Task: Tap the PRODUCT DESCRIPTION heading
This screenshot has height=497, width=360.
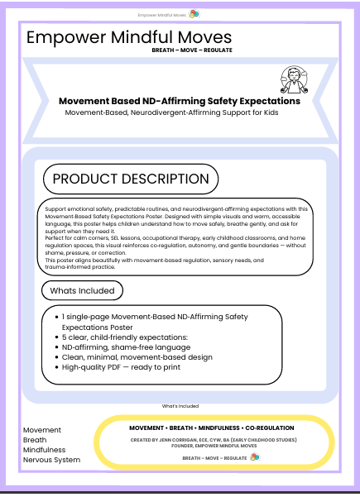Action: click(x=131, y=179)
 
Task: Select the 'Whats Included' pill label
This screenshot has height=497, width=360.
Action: click(x=83, y=290)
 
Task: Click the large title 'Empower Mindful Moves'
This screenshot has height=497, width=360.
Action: click(x=129, y=37)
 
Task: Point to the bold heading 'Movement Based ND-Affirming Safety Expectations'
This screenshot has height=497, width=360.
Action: click(x=180, y=101)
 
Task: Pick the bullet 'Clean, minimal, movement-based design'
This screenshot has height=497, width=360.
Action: click(x=137, y=356)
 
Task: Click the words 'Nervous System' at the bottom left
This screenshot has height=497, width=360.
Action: click(x=51, y=459)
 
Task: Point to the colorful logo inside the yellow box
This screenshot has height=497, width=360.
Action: click(x=253, y=456)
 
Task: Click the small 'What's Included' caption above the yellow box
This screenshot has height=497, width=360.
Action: click(x=180, y=406)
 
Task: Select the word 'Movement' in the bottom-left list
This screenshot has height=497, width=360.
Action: click(x=42, y=429)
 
